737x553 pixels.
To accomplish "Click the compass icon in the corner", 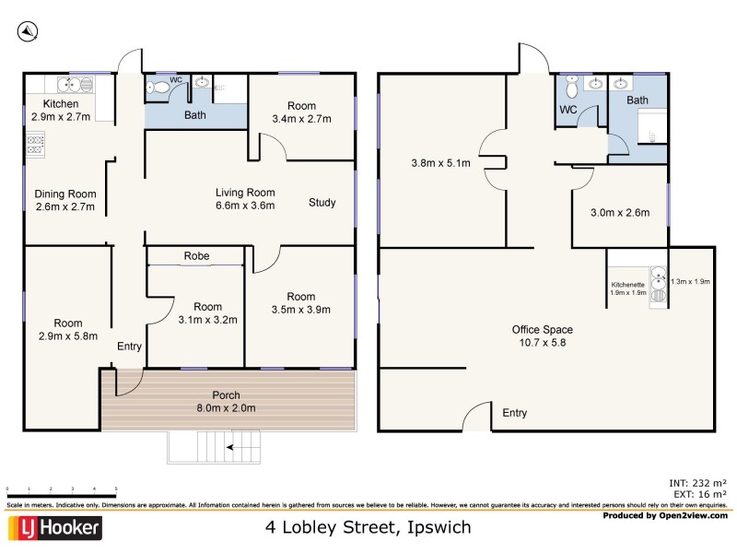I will point(28,31).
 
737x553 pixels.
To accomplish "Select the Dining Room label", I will point(65,201).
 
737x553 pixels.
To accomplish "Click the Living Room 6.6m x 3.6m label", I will point(245,199).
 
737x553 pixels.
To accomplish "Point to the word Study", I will point(322,203).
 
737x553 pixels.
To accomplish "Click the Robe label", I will point(195,256).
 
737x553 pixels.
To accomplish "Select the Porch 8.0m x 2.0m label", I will point(226,402).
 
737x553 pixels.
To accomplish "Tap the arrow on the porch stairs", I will point(237,448).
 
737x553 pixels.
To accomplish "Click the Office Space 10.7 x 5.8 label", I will point(542,335).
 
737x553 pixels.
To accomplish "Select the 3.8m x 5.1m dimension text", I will point(440,164).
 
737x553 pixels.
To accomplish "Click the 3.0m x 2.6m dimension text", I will point(620,213).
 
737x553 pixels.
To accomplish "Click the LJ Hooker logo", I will point(54,528).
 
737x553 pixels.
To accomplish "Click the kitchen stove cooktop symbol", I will point(36,144).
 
